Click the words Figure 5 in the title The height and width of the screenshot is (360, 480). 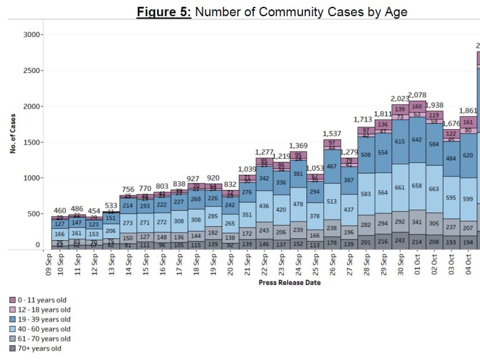click(x=163, y=12)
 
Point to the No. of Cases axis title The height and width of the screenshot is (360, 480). click(x=13, y=134)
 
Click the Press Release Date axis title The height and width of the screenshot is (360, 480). click(x=290, y=283)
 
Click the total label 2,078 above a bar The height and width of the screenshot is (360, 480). click(x=417, y=95)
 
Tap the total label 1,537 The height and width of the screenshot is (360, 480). click(x=332, y=134)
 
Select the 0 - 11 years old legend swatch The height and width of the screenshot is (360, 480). click(x=13, y=300)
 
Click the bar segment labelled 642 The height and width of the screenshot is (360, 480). click(x=417, y=139)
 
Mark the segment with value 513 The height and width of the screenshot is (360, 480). click(x=332, y=201)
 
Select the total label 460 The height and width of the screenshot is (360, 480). click(x=60, y=211)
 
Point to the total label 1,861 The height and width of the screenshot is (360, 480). click(x=468, y=111)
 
